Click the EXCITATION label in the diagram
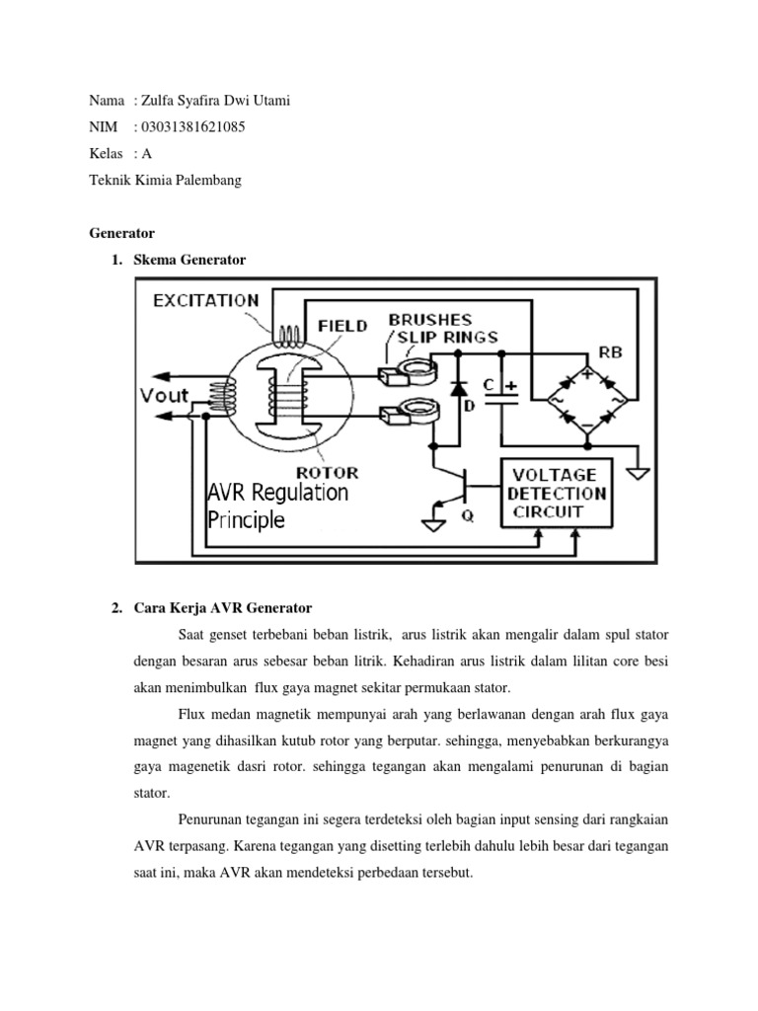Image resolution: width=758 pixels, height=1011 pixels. pos(205,300)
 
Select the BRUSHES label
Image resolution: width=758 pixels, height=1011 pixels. pos(429,320)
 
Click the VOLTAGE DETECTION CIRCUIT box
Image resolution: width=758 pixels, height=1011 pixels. pos(557,493)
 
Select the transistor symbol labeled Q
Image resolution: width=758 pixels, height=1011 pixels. pos(457,488)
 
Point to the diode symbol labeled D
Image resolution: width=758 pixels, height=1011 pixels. pos(459,389)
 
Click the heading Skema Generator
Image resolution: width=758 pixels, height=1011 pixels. pos(189,260)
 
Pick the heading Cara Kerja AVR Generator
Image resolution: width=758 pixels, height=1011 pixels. pos(222,605)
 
